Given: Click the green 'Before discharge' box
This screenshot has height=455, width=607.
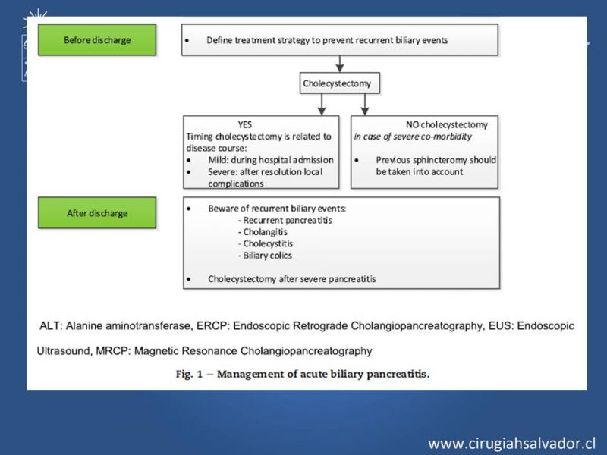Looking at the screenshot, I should [x=96, y=39].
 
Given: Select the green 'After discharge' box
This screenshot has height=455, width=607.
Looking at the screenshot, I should [x=96, y=213].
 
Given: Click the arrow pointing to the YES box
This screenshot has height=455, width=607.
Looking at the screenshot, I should [x=310, y=103].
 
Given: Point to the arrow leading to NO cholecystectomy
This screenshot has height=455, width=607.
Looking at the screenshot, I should [x=366, y=103].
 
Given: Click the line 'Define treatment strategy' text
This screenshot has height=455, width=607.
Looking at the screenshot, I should [x=327, y=39].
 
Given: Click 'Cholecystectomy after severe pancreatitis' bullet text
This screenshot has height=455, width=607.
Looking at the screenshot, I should [x=291, y=279].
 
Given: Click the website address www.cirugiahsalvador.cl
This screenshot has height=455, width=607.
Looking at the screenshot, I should [x=512, y=443].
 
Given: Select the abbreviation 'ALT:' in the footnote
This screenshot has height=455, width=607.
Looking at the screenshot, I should [x=51, y=325].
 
